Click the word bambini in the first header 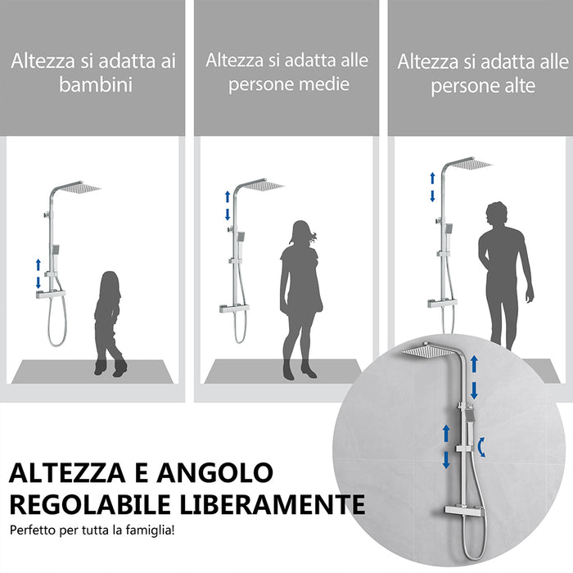coord(96,85)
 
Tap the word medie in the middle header coord(323,84)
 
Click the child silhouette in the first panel coord(109,323)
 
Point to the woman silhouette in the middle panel coord(298,299)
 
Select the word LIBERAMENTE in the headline coord(279,503)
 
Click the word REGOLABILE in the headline coord(97,503)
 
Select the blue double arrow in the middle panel coord(228,205)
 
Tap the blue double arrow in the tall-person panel coord(433,187)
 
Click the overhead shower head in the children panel coord(79,187)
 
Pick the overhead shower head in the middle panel coord(264,185)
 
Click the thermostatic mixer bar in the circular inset coord(467,511)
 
